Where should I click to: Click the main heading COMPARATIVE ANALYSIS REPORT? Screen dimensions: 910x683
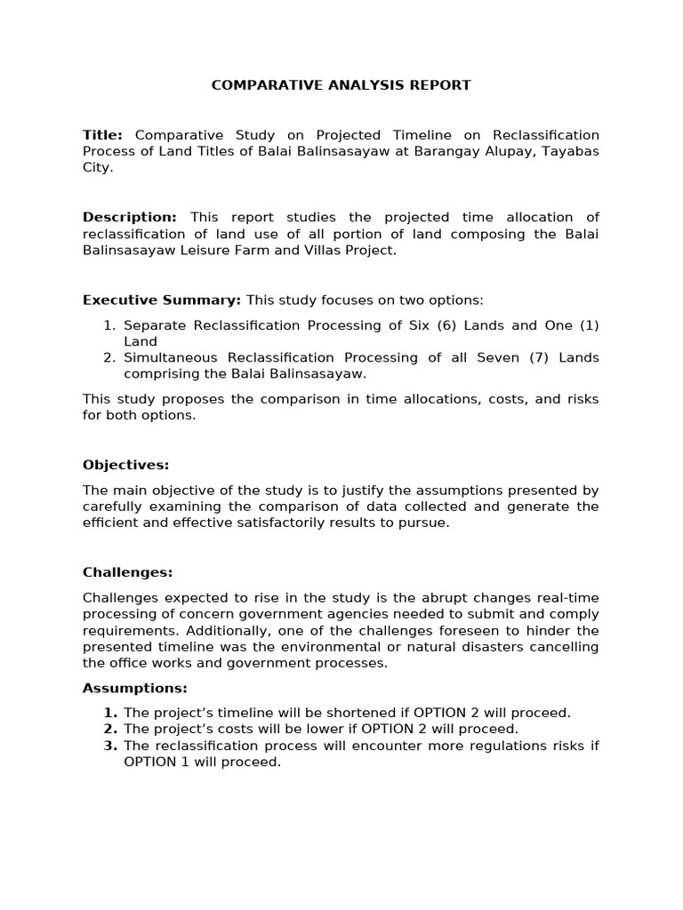pyautogui.click(x=341, y=85)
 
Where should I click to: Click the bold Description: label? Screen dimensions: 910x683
pyautogui.click(x=130, y=218)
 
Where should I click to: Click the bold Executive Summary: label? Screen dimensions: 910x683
pyautogui.click(x=162, y=299)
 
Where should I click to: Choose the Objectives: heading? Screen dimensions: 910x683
pyautogui.click(x=125, y=465)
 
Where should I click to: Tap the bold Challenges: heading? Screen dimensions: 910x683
pyautogui.click(x=127, y=572)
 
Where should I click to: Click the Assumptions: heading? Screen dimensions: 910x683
pyautogui.click(x=134, y=688)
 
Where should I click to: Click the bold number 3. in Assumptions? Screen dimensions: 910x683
pyautogui.click(x=110, y=746)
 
